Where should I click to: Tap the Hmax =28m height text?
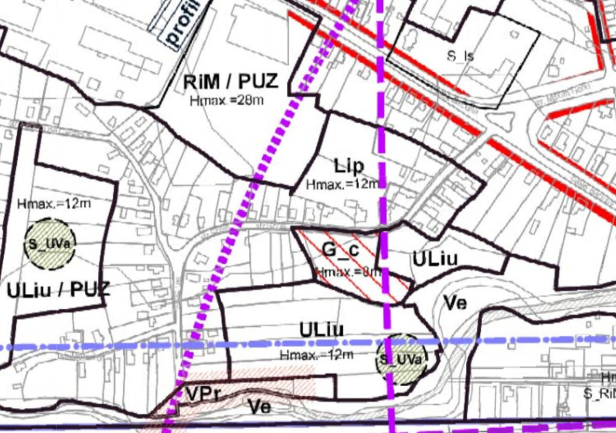tap(226, 100)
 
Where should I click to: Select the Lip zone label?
tap(349, 165)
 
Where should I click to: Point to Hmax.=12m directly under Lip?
tap(342, 184)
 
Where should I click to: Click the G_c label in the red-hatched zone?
tap(340, 248)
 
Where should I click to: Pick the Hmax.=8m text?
tap(348, 272)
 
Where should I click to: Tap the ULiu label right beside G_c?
tap(435, 259)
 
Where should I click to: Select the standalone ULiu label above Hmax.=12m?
tap(322, 330)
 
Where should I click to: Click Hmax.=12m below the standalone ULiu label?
tap(316, 355)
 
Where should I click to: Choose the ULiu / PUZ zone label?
tap(58, 290)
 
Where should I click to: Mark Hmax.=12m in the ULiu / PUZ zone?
tap(54, 204)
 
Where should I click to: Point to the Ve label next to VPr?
tap(260, 407)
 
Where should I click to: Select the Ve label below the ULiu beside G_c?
tap(455, 302)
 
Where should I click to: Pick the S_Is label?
tap(460, 57)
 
